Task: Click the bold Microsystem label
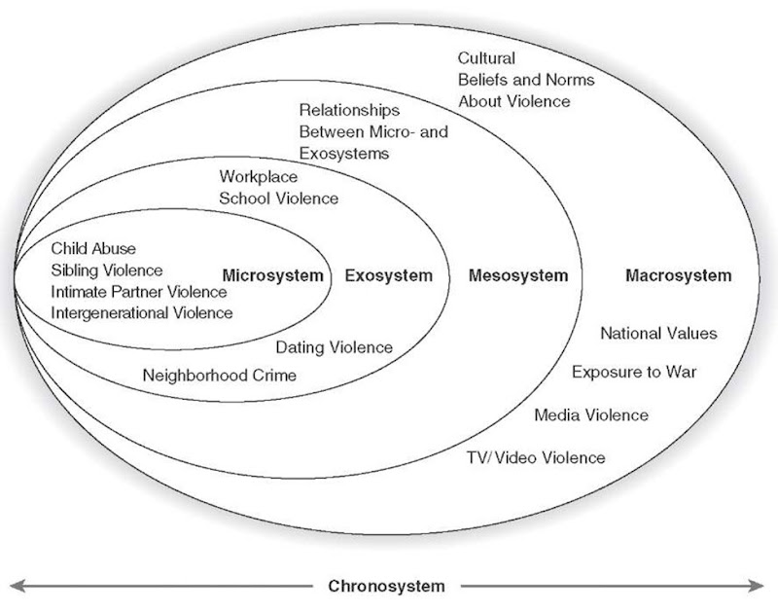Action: pos(272,276)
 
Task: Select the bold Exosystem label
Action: pos(388,276)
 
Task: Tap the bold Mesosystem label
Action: pos(517,276)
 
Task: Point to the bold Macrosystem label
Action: pos(677,276)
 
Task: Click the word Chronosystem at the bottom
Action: pos(386,586)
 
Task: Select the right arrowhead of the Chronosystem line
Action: pos(759,586)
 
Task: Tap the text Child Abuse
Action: pos(93,249)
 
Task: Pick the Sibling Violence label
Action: pos(107,270)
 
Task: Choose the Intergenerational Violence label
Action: pos(142,312)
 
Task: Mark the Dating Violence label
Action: pos(334,347)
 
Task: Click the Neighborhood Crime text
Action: pos(219,375)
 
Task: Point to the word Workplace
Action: pos(258,177)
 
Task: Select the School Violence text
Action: pos(278,198)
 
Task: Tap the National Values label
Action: pos(657,334)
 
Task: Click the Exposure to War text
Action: pos(633,373)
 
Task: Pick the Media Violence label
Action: pos(590,415)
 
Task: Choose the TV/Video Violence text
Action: pos(535,457)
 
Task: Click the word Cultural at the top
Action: pos(486,58)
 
